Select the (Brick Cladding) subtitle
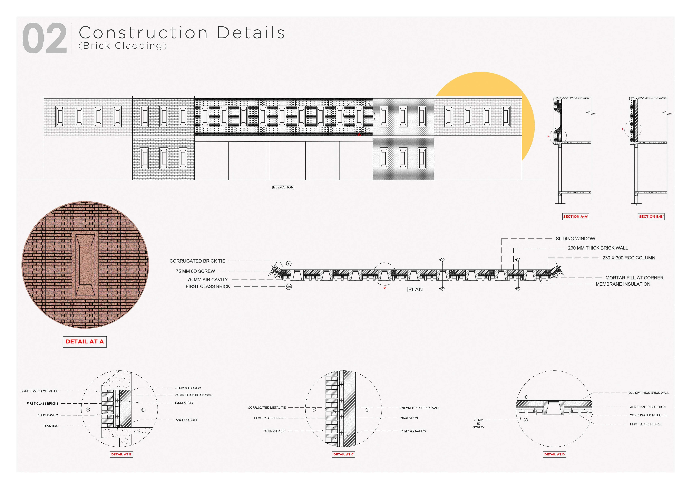tap(122, 46)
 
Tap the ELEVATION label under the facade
tap(283, 187)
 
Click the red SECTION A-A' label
tap(575, 216)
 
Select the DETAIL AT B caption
tap(121, 454)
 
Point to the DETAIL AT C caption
tap(343, 454)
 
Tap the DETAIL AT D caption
tap(554, 454)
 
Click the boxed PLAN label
tap(415, 289)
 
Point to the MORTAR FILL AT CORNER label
tap(634, 278)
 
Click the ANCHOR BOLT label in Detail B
tap(186, 420)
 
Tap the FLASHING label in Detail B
tap(51, 426)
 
